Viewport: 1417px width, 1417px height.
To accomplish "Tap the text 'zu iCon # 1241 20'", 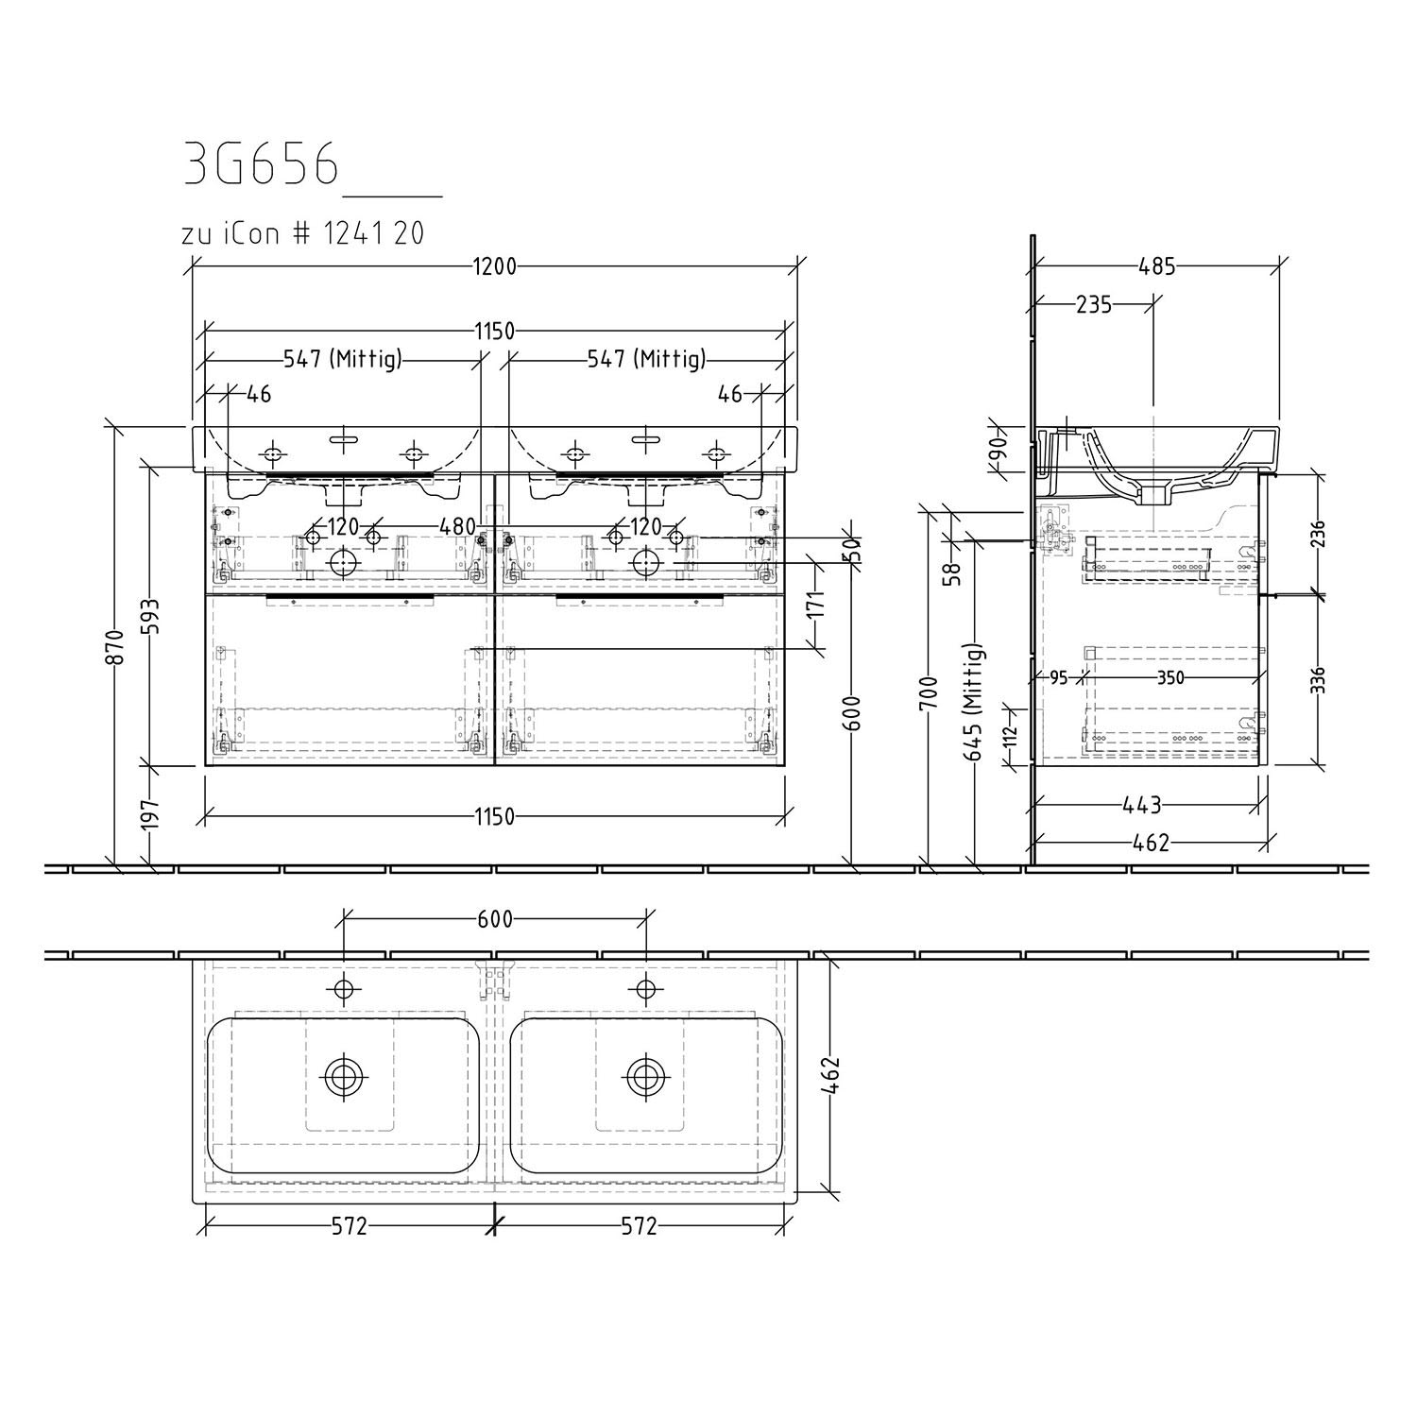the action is click(302, 233).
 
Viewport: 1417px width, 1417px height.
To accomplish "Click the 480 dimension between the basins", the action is click(457, 525).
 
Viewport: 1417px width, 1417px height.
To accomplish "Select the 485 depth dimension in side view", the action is click(1157, 266).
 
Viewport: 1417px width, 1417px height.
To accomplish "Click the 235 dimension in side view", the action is click(1094, 304).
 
